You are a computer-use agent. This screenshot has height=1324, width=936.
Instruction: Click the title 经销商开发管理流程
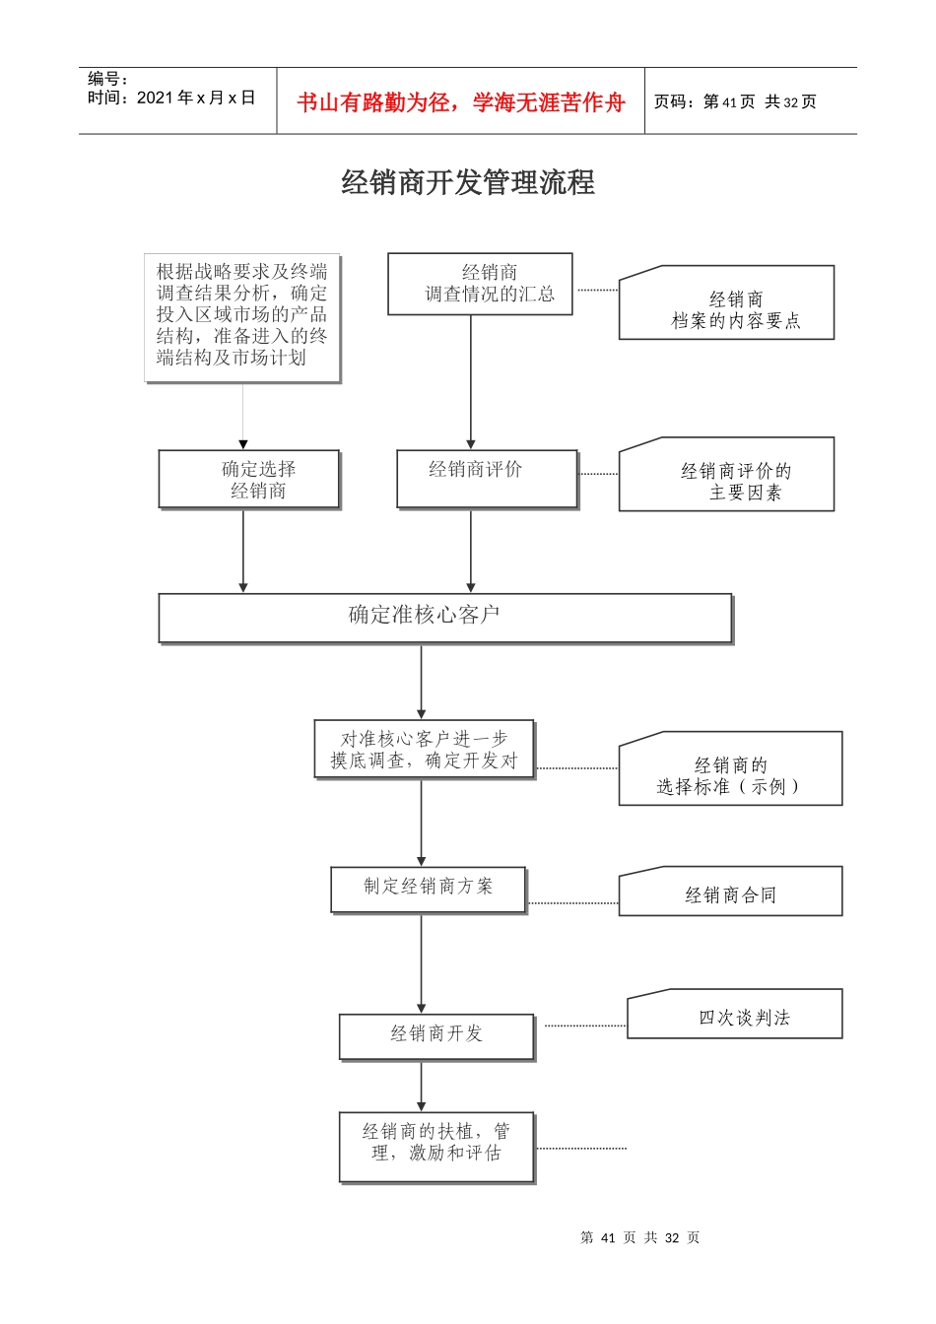[468, 183]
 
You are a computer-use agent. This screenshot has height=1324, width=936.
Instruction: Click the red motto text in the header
[460, 102]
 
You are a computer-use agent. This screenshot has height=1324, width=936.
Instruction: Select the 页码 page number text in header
[735, 102]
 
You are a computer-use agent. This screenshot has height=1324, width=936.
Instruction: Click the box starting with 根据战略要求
[242, 316]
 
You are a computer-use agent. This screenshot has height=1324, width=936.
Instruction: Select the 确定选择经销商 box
[249, 480]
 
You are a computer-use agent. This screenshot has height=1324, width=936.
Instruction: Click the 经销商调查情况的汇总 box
[480, 284]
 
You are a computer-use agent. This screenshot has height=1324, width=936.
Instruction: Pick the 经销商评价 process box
[487, 479]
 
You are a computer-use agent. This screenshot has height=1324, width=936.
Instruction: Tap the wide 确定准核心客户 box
[444, 618]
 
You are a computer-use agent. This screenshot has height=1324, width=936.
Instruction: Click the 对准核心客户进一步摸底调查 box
[424, 750]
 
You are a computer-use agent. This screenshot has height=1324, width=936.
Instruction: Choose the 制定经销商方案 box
[429, 889]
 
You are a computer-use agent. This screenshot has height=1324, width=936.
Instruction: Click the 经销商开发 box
[436, 1035]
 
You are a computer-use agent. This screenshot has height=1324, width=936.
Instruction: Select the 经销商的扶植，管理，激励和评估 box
[436, 1146]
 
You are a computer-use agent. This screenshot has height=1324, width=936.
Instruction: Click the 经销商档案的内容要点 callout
[726, 305]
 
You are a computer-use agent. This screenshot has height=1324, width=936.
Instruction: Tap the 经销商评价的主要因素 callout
[726, 477]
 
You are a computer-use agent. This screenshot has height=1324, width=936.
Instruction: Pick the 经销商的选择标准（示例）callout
[730, 770]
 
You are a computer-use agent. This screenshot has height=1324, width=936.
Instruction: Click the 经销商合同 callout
[730, 893]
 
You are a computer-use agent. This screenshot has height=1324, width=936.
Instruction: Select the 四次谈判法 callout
[735, 1016]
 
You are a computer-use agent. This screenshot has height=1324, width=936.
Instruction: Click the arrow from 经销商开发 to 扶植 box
[422, 1087]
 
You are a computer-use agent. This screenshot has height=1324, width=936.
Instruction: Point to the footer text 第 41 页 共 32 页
[640, 1237]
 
